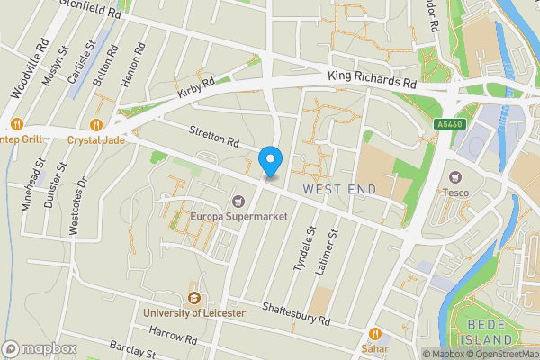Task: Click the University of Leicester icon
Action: [193, 298]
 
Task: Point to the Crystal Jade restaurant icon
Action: [97, 125]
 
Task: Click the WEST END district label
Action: [337, 189]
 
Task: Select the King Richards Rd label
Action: [372, 81]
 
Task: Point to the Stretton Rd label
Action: [214, 137]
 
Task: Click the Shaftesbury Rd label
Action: [297, 314]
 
